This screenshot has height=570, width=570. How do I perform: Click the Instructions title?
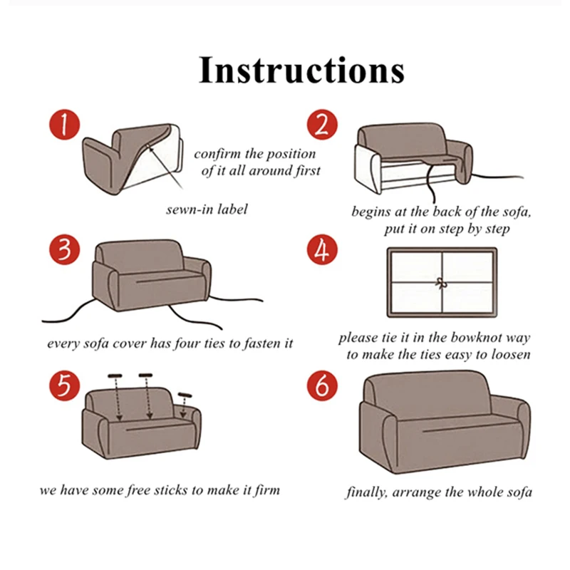[x=301, y=70]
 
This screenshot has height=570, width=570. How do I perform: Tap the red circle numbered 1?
[x=65, y=126]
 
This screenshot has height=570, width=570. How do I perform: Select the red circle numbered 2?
[x=321, y=126]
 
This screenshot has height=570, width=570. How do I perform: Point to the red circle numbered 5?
[x=65, y=386]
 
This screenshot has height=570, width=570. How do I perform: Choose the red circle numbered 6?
[x=321, y=386]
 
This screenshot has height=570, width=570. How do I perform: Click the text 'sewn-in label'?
[x=207, y=209]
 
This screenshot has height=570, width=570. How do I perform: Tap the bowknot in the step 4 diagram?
[x=442, y=282]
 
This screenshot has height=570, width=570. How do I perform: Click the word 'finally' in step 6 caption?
[x=368, y=492]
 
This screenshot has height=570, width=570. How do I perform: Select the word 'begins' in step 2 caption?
[x=370, y=212]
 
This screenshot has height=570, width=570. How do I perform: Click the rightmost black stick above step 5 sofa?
[x=185, y=395]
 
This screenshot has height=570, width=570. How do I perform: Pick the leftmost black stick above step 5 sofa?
[x=116, y=375]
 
